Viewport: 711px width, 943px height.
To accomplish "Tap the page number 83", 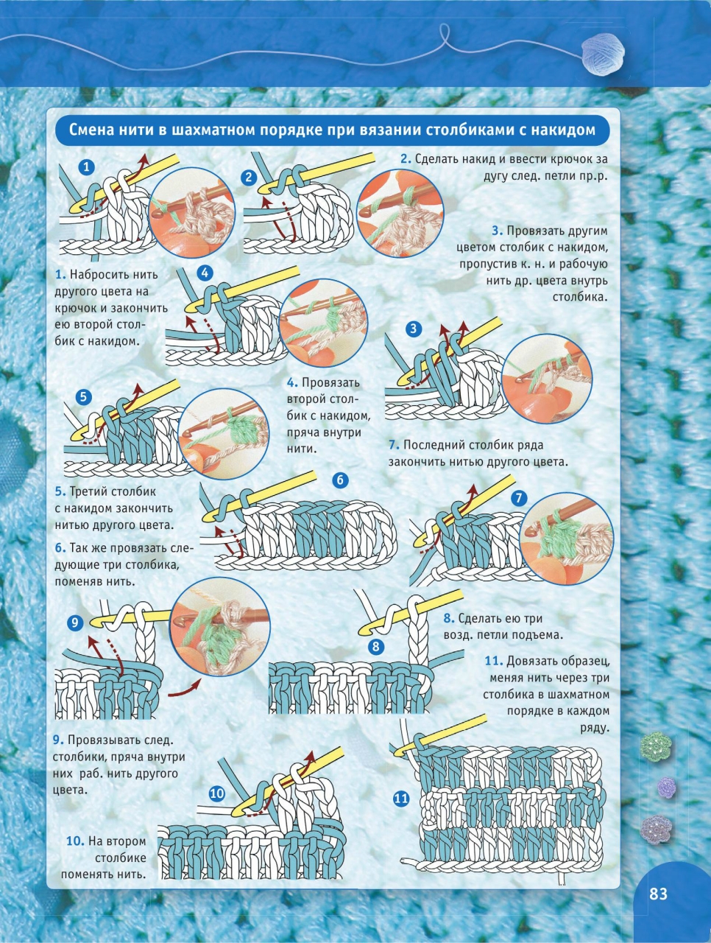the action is (x=658, y=894).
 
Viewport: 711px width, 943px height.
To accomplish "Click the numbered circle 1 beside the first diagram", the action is (x=87, y=167).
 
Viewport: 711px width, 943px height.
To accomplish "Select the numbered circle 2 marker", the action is (x=249, y=178).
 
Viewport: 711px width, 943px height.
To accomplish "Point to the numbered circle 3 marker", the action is (x=414, y=329).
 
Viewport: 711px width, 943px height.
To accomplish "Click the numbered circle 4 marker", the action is (x=205, y=273).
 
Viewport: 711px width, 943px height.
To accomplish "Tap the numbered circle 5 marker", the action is (x=84, y=397).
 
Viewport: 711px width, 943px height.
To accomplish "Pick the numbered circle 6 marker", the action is (x=340, y=480).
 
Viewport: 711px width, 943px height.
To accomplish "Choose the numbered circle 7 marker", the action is (x=519, y=498).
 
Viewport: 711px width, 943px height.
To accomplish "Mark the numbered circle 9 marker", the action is (x=75, y=623).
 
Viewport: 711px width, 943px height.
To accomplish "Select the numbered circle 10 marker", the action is (x=217, y=793).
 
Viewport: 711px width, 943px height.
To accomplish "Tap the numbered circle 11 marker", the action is (x=401, y=799).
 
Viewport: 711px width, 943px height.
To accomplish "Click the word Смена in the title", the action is (x=90, y=130).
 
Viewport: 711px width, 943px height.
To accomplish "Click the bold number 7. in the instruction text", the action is (x=394, y=445).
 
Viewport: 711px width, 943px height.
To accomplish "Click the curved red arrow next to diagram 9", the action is (x=184, y=688).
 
